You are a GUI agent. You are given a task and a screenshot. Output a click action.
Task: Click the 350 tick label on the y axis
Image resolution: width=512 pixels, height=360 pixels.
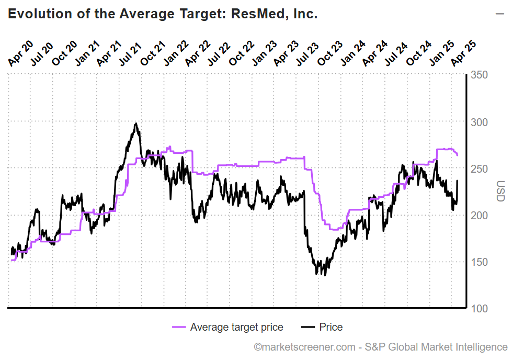point(479,75)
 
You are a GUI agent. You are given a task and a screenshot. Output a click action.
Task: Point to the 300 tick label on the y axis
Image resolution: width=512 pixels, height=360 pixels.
point(479,122)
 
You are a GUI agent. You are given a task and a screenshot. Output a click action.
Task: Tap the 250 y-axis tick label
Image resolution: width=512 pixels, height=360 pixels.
point(479,169)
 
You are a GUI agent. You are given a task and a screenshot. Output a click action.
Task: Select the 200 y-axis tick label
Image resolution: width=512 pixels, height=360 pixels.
point(479,216)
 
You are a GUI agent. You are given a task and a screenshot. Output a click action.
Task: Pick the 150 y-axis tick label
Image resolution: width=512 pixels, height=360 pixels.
point(479,262)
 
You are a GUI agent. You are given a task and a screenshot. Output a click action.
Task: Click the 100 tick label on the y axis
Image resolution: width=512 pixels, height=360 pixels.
point(479,309)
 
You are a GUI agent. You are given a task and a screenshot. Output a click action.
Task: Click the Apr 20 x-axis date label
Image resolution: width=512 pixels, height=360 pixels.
point(19,54)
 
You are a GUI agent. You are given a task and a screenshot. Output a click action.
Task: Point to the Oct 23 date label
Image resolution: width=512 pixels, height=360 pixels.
point(330,54)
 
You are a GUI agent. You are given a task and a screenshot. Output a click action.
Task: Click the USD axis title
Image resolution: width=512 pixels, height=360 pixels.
point(500,192)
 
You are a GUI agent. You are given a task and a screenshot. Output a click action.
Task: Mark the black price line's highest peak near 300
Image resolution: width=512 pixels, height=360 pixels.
point(136,124)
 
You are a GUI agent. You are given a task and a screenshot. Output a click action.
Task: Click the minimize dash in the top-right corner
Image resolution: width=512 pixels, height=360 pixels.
point(499,14)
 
